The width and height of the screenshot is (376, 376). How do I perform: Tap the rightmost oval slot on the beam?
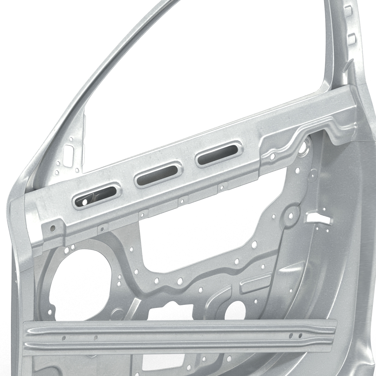[x=219, y=156]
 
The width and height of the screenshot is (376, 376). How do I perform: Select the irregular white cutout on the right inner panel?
[x=319, y=218]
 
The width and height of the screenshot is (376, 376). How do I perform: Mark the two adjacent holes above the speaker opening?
[x=70, y=248]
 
